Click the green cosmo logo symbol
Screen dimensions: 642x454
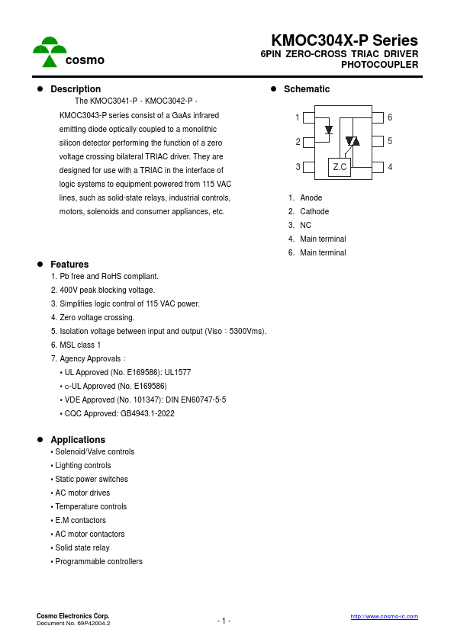50,52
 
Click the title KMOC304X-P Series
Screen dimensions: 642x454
344,41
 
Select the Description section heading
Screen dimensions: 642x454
76,89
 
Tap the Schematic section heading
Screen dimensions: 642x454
307,89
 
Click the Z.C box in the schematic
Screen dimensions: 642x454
340,167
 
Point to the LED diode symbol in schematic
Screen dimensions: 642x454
329,130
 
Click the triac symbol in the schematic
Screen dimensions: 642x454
353,141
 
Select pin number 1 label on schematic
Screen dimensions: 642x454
298,117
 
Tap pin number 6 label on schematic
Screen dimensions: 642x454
390,117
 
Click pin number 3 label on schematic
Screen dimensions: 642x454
298,167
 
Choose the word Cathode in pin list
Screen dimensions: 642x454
314,211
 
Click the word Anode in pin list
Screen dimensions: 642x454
311,197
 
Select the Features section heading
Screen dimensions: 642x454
69,265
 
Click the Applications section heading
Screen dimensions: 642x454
78,440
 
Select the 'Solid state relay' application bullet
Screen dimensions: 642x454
82,547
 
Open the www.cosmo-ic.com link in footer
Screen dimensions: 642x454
384,616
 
